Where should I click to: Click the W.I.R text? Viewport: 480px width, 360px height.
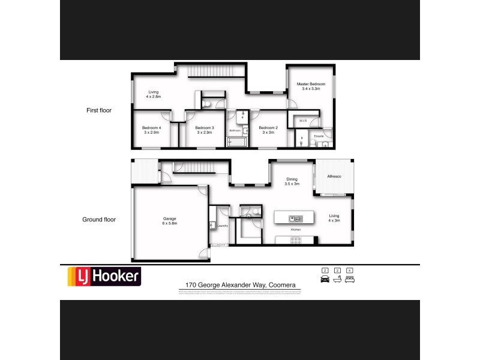(302, 121)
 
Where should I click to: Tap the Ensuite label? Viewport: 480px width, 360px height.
(319, 136)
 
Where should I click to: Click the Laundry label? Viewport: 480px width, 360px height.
(222, 226)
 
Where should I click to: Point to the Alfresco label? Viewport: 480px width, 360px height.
(334, 176)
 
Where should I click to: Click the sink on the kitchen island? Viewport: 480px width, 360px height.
(294, 217)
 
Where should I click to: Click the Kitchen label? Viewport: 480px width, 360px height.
(295, 230)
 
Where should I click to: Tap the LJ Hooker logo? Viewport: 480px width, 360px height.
(103, 277)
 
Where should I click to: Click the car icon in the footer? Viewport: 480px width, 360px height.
(326, 279)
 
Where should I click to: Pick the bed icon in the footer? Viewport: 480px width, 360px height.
(350, 279)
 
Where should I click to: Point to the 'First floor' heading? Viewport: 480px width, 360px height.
(98, 110)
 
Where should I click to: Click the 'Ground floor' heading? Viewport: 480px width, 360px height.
(98, 220)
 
